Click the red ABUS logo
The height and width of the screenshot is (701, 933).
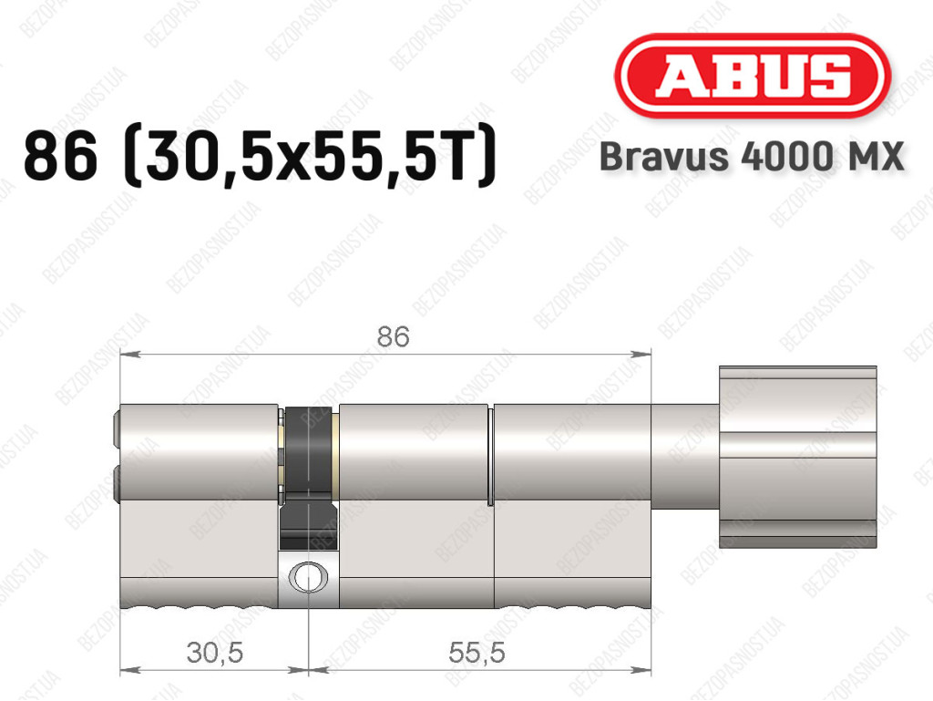[752, 76]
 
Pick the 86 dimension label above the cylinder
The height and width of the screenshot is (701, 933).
[394, 336]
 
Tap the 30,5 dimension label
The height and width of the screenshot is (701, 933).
[215, 653]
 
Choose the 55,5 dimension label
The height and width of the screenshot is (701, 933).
[477, 653]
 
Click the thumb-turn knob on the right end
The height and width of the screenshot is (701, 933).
[798, 457]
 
